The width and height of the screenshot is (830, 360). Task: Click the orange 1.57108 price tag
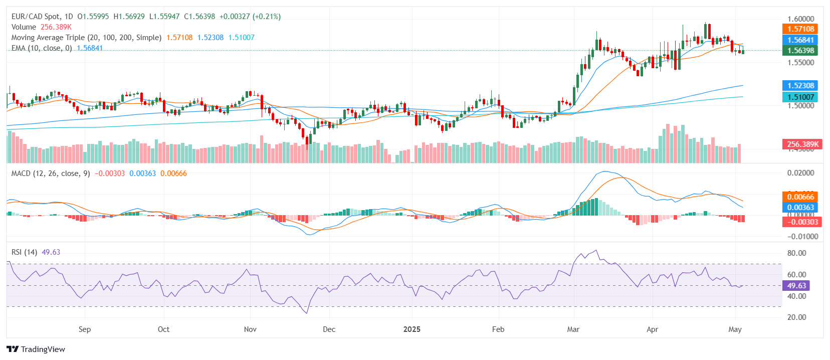pyautogui.click(x=800, y=29)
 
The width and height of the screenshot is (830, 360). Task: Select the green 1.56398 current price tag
pyautogui.click(x=800, y=51)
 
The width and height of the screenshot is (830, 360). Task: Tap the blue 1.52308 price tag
pyautogui.click(x=800, y=86)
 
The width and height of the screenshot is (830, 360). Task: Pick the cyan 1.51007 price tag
pyautogui.click(x=800, y=97)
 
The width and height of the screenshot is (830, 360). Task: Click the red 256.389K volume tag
pyautogui.click(x=802, y=144)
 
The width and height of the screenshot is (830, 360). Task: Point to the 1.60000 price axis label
pyautogui.click(x=800, y=19)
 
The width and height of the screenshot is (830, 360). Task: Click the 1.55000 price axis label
pyautogui.click(x=800, y=63)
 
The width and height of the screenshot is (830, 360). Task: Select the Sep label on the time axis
pyautogui.click(x=85, y=329)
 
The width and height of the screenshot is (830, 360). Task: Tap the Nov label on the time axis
pyautogui.click(x=250, y=329)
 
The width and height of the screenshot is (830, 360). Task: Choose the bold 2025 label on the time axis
pyautogui.click(x=412, y=329)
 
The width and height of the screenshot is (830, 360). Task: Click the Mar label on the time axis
pyautogui.click(x=573, y=329)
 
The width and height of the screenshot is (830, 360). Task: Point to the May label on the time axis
pyautogui.click(x=735, y=329)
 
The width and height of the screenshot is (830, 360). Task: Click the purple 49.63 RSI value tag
pyautogui.click(x=796, y=286)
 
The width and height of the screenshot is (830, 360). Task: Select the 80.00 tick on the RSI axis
pyautogui.click(x=796, y=253)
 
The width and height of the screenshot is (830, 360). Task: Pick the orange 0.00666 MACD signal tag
pyautogui.click(x=800, y=197)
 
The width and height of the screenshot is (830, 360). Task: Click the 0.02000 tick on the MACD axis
pyautogui.click(x=800, y=173)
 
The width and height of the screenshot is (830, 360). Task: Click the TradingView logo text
pyautogui.click(x=43, y=349)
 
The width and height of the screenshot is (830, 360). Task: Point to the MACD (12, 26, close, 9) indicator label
pyautogui.click(x=51, y=173)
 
